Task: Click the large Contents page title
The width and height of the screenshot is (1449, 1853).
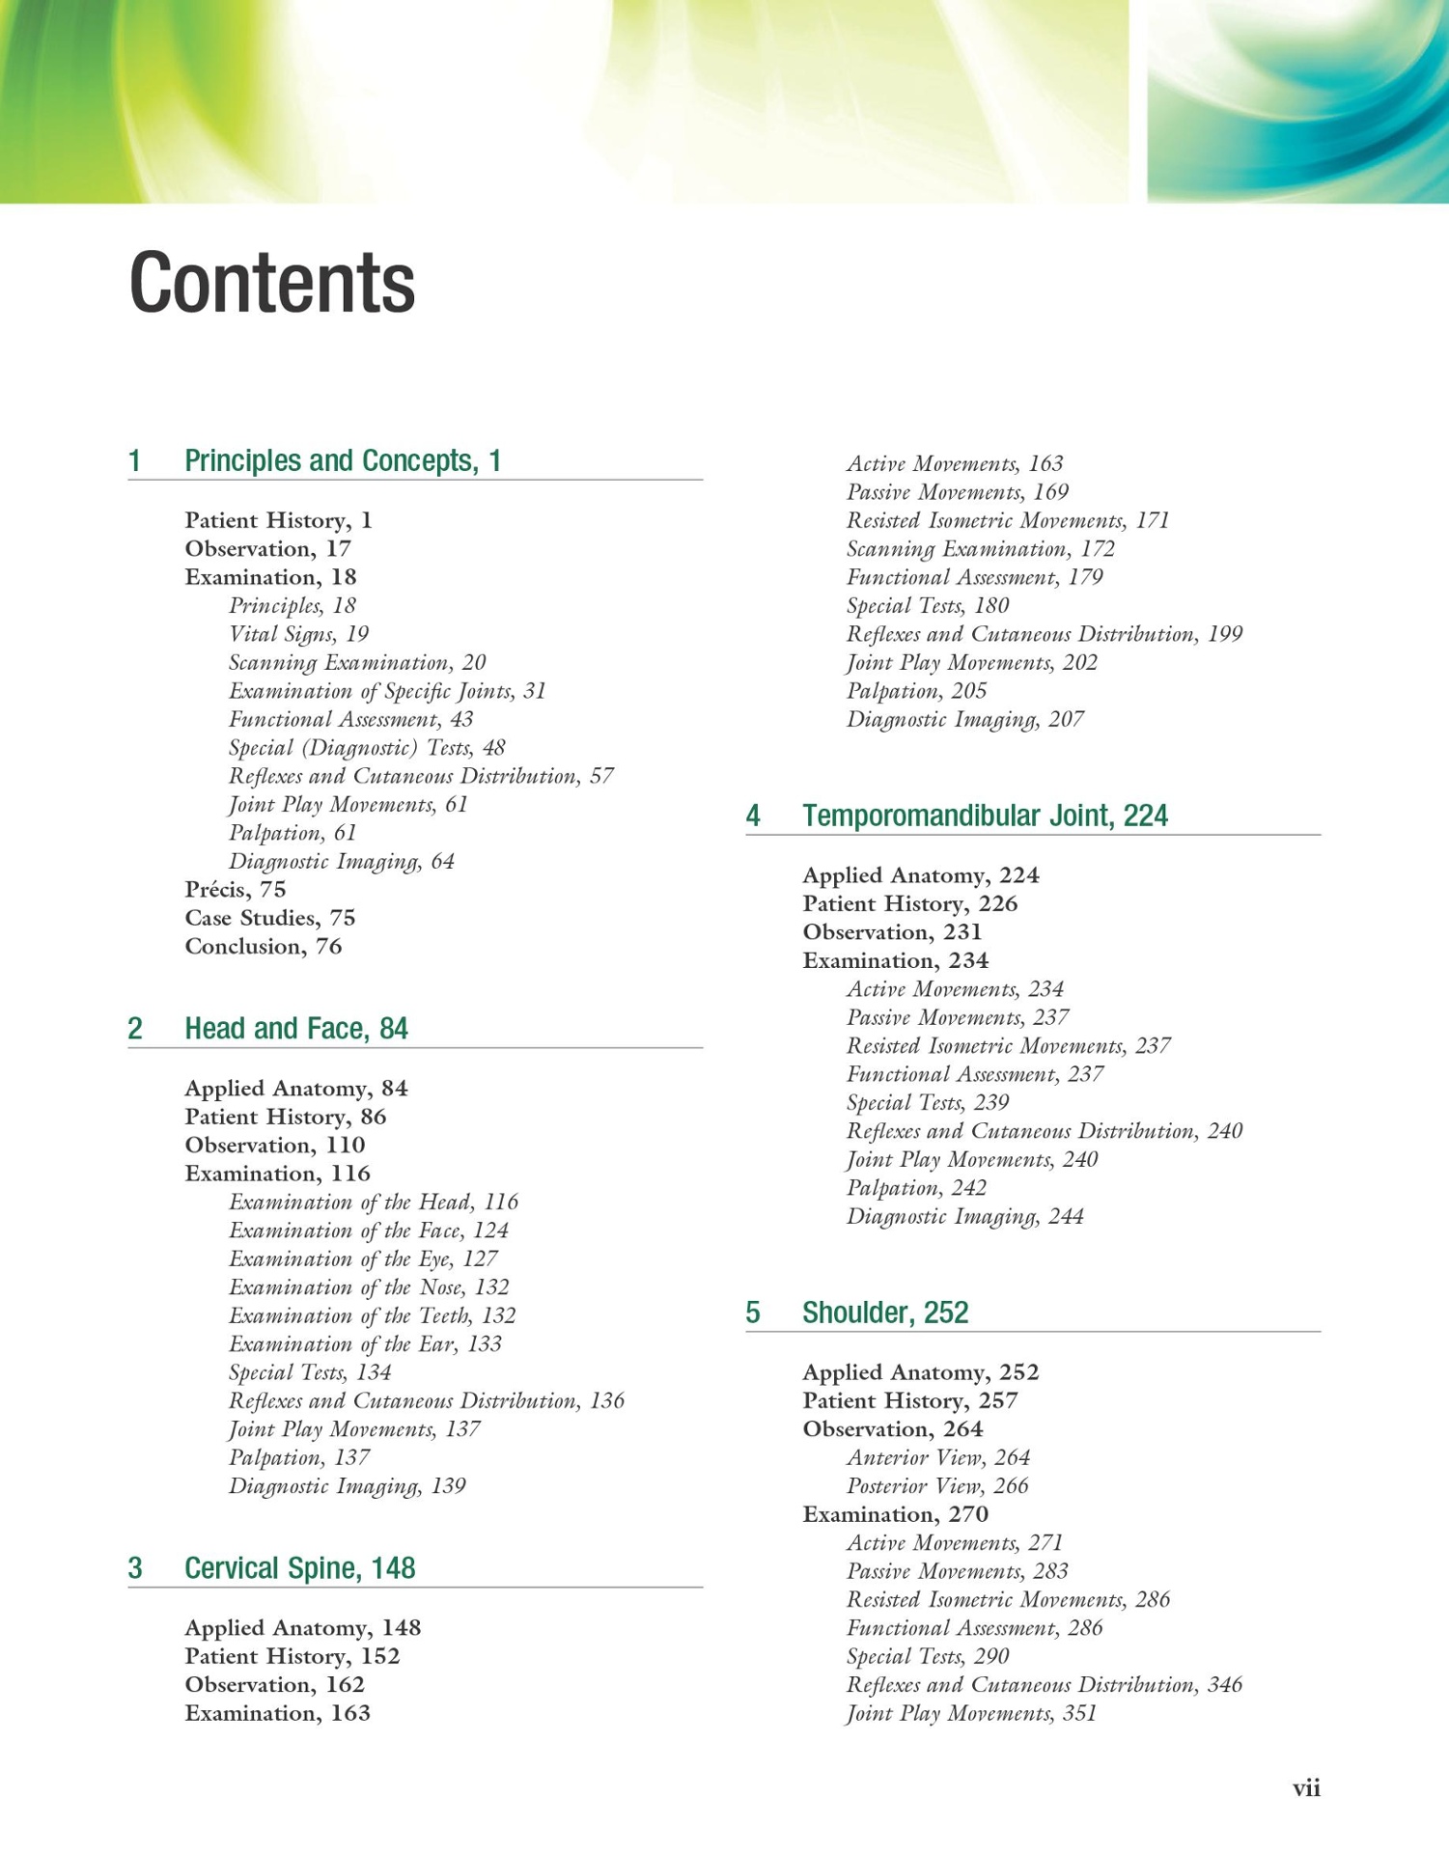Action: point(271,283)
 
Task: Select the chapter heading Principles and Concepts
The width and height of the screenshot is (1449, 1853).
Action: point(343,460)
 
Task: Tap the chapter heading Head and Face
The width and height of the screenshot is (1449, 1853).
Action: point(295,1029)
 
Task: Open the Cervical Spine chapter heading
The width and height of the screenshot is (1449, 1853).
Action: point(299,1568)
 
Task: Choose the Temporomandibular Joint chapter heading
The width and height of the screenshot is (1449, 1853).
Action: point(985,816)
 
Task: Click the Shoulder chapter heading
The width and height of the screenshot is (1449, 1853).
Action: point(885,1313)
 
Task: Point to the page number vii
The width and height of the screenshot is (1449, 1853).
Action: point(1306,1788)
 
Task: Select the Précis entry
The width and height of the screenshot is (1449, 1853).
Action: point(235,889)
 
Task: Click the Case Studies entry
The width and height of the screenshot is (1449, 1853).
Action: point(270,918)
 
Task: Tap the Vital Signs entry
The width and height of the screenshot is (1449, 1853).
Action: point(298,634)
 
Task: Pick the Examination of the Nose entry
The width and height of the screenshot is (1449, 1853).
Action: point(369,1287)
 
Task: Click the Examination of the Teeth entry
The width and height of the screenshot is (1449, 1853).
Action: point(372,1315)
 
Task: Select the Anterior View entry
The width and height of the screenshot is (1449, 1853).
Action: point(937,1457)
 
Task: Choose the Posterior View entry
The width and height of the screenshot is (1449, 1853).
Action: point(936,1485)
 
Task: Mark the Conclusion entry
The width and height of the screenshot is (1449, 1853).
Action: point(263,946)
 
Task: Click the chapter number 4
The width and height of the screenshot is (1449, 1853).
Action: point(753,816)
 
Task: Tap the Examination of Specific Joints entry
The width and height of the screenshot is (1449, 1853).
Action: point(387,691)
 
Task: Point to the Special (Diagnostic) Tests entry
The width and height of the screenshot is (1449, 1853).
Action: point(367,748)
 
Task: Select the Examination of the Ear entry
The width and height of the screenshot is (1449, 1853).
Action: point(365,1343)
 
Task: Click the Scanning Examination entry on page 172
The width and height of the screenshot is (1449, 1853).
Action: point(980,549)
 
